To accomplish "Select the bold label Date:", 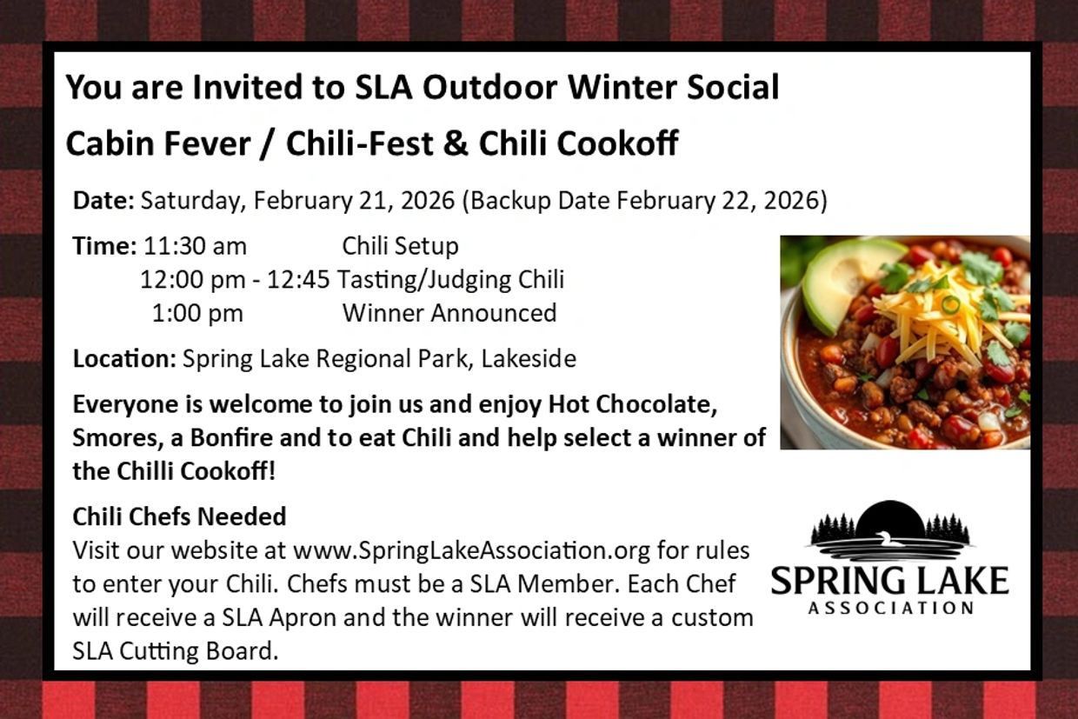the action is (x=103, y=200).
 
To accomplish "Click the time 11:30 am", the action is (x=195, y=246).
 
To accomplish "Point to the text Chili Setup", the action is (x=401, y=246).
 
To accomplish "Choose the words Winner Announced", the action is (x=449, y=313).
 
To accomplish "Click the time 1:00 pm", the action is (x=197, y=313).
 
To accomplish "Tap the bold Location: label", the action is (x=124, y=358).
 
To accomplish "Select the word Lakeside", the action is (x=529, y=358).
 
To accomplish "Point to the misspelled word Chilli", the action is (x=145, y=471).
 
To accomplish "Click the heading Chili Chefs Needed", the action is (x=179, y=516).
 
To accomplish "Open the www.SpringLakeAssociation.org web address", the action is (x=471, y=550).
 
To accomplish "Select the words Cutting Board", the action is (x=199, y=651).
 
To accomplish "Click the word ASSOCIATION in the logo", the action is (x=891, y=608).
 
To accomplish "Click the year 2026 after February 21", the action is (x=428, y=200).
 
